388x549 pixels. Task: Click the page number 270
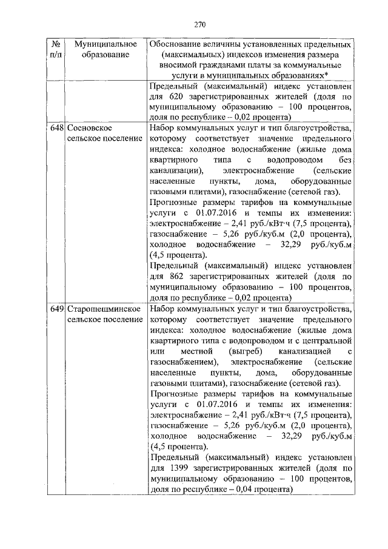pos(201,25)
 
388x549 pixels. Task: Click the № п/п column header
pos(56,50)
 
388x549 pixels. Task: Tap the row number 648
pos(57,129)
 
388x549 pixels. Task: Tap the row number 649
pos(57,309)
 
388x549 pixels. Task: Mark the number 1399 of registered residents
pos(173,468)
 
